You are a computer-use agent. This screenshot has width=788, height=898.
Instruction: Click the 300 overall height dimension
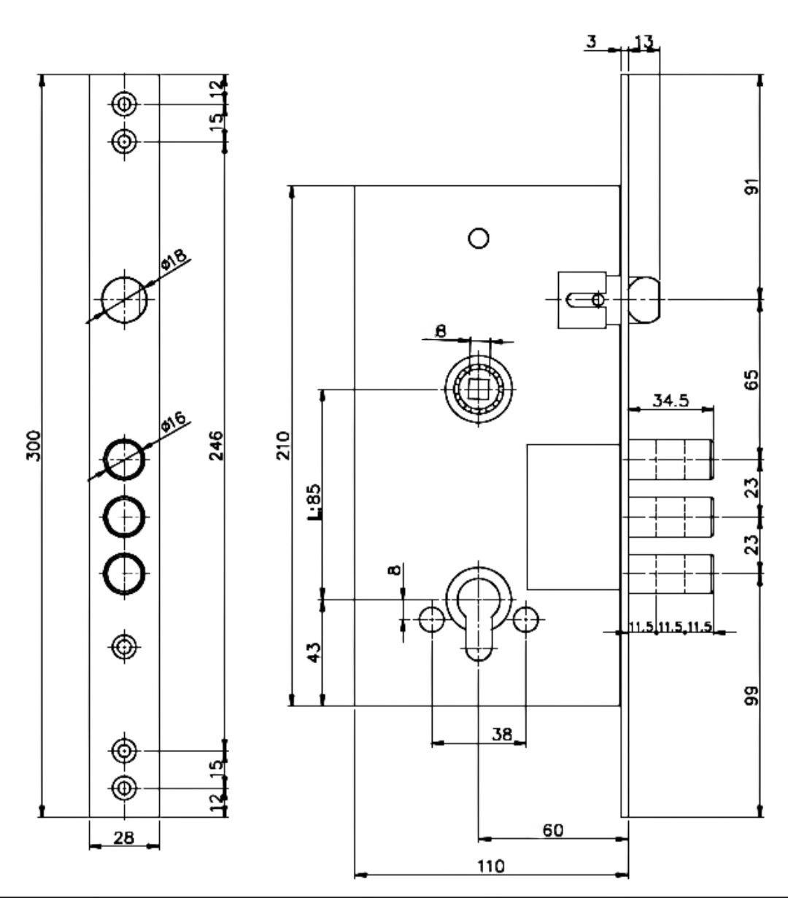point(34,445)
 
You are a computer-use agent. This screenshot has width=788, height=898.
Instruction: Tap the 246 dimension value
point(217,445)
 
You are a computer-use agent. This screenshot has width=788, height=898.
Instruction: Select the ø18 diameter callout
point(174,260)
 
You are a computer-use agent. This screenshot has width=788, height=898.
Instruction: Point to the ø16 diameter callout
point(174,422)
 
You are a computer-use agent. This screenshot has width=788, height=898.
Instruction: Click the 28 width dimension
point(124,837)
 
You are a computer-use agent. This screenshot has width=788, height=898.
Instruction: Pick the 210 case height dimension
point(283,445)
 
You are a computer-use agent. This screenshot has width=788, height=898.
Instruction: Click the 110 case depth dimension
point(491,866)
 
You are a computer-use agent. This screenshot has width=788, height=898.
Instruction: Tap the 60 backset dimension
point(553,830)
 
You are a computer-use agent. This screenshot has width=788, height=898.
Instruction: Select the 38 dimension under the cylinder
point(502,734)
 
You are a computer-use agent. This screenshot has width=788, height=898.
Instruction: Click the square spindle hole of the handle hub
point(479,389)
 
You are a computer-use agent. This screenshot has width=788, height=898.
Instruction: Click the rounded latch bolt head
point(644,300)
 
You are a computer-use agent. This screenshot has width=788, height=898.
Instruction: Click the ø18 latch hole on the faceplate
point(124,300)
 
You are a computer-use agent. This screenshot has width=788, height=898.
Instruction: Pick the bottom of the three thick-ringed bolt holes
point(124,573)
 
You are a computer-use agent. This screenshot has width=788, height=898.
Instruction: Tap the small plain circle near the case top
point(479,238)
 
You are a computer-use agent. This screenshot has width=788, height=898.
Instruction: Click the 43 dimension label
point(314,652)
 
